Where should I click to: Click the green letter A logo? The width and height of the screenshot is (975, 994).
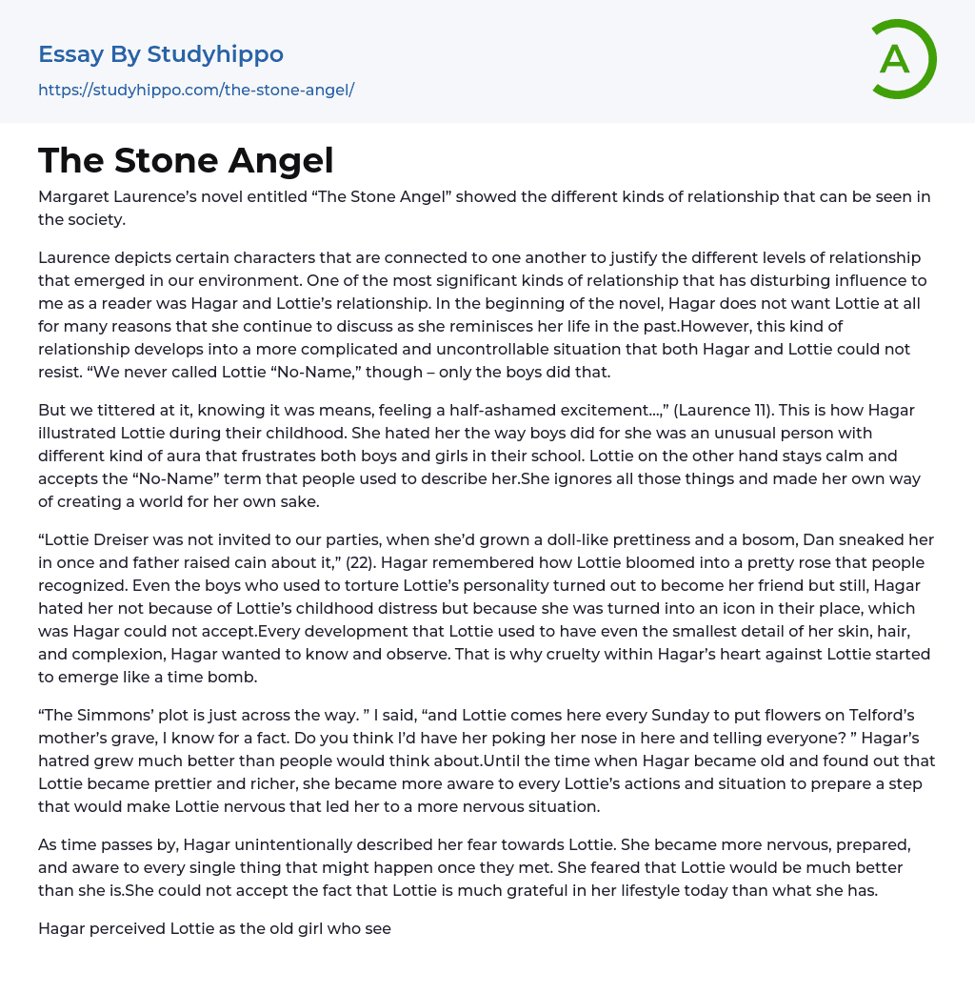coord(902,59)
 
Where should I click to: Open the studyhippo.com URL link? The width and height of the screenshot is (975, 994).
coord(196,90)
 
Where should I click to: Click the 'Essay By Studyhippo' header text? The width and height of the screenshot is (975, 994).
coord(161,54)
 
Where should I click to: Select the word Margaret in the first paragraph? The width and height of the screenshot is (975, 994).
coord(75,197)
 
